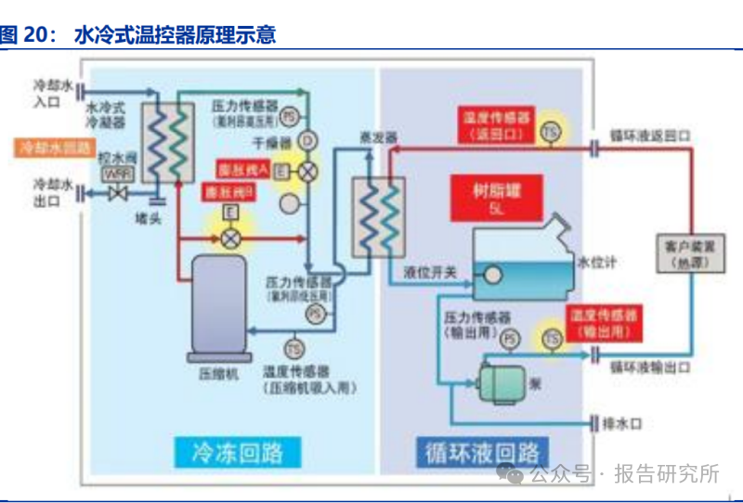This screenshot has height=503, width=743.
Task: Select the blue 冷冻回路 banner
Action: (236, 452)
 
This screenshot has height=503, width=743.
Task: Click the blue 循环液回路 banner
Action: (481, 452)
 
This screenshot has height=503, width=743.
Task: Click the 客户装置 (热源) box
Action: (689, 254)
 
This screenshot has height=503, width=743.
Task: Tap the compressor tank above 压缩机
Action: (218, 305)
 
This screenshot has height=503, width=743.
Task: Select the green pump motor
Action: (501, 380)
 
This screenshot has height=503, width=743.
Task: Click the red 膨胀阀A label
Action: (243, 170)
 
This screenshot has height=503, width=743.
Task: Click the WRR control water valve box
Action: (117, 174)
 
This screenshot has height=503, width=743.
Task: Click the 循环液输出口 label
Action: (649, 367)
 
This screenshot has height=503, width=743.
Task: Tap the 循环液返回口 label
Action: (649, 135)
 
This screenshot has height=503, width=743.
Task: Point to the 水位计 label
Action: (597, 262)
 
